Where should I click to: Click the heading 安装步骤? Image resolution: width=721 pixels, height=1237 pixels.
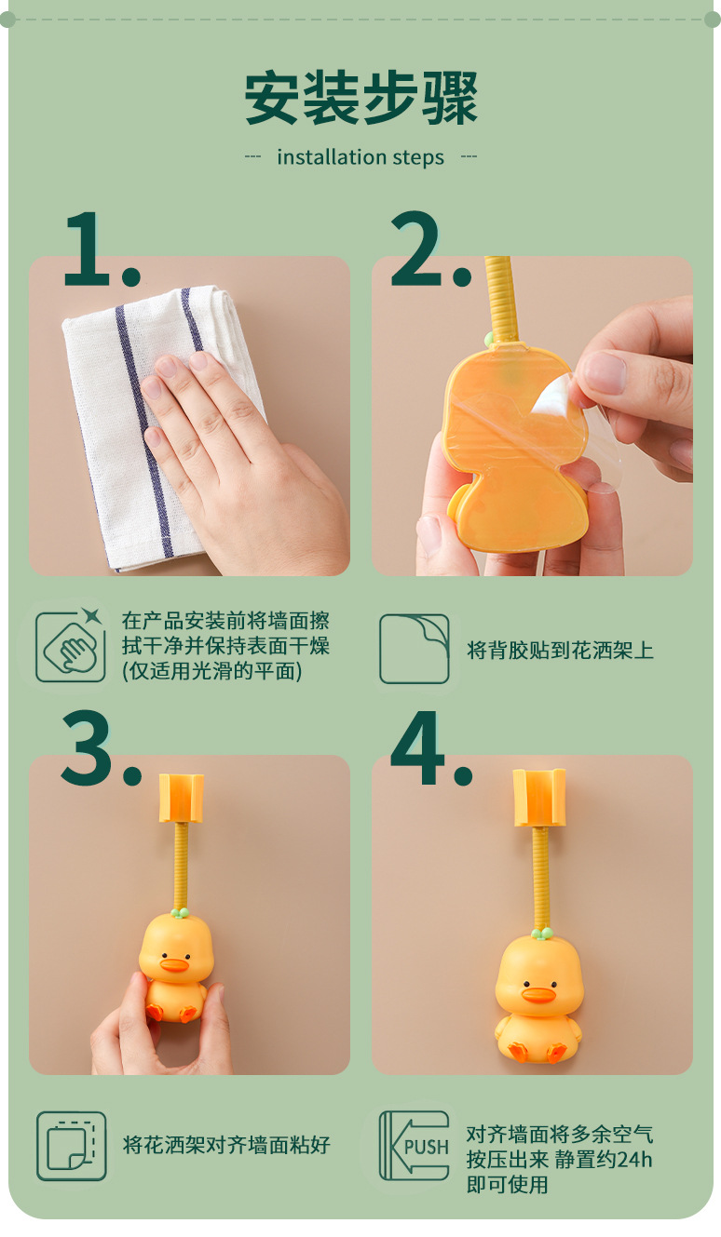[360, 98]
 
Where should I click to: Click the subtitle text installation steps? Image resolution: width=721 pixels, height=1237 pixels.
[360, 157]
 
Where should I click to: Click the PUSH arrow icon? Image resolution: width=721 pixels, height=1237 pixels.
[415, 1146]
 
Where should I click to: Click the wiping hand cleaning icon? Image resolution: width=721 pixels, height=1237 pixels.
[71, 646]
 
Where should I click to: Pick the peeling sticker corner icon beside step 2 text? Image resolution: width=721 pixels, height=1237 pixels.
[415, 649]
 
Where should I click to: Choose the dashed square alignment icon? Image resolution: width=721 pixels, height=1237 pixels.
[71, 1146]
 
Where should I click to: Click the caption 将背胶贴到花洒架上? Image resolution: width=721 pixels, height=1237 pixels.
[560, 650]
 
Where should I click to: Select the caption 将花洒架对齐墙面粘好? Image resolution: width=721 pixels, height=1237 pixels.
[226, 1145]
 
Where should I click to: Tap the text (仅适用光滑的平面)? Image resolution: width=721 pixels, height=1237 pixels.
[212, 671]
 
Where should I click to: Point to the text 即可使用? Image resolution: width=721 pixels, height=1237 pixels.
[507, 1185]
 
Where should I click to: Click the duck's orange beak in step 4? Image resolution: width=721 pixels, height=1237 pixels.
[538, 995]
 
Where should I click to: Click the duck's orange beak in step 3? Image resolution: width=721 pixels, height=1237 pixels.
[175, 965]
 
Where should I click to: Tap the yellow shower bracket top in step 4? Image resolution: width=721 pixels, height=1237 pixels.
[539, 797]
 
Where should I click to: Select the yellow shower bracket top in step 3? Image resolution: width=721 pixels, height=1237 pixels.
[181, 798]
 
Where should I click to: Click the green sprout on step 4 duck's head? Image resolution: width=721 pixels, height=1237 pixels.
[540, 931]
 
